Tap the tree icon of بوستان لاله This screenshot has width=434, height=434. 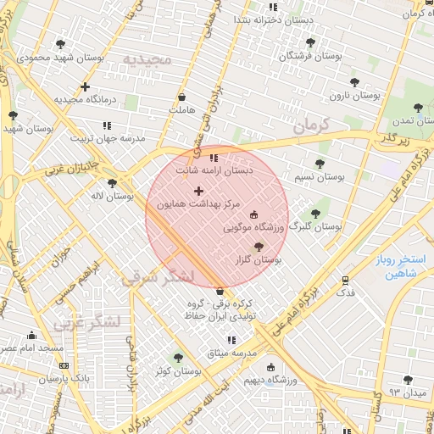[x=112, y=183]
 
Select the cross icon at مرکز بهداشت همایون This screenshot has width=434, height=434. [x=199, y=191]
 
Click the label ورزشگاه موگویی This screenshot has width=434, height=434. [x=252, y=228]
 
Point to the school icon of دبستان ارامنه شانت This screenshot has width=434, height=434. [x=214, y=158]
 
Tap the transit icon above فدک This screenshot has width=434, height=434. [x=345, y=280]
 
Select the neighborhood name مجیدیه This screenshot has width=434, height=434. [x=147, y=59]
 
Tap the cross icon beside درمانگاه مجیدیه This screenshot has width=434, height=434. [x=85, y=86]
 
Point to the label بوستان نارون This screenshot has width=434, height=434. [x=376, y=96]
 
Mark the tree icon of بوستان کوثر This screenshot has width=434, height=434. [x=178, y=358]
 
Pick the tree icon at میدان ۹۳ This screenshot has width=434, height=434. [x=408, y=381]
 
